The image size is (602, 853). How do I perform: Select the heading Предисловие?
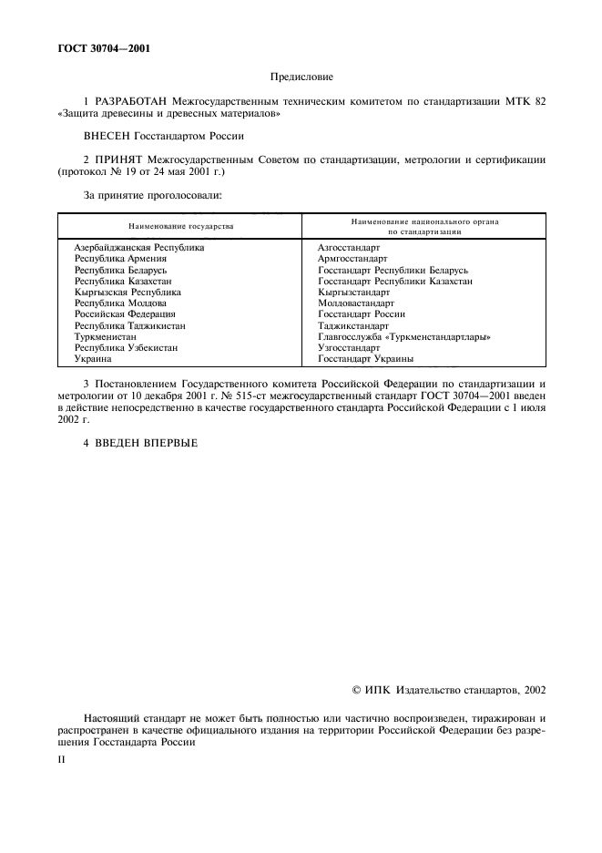(x=301, y=78)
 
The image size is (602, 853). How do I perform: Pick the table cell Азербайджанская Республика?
(x=139, y=248)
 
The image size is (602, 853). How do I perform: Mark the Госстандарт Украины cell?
(x=365, y=359)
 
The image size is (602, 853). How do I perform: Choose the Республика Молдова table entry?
(x=120, y=303)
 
